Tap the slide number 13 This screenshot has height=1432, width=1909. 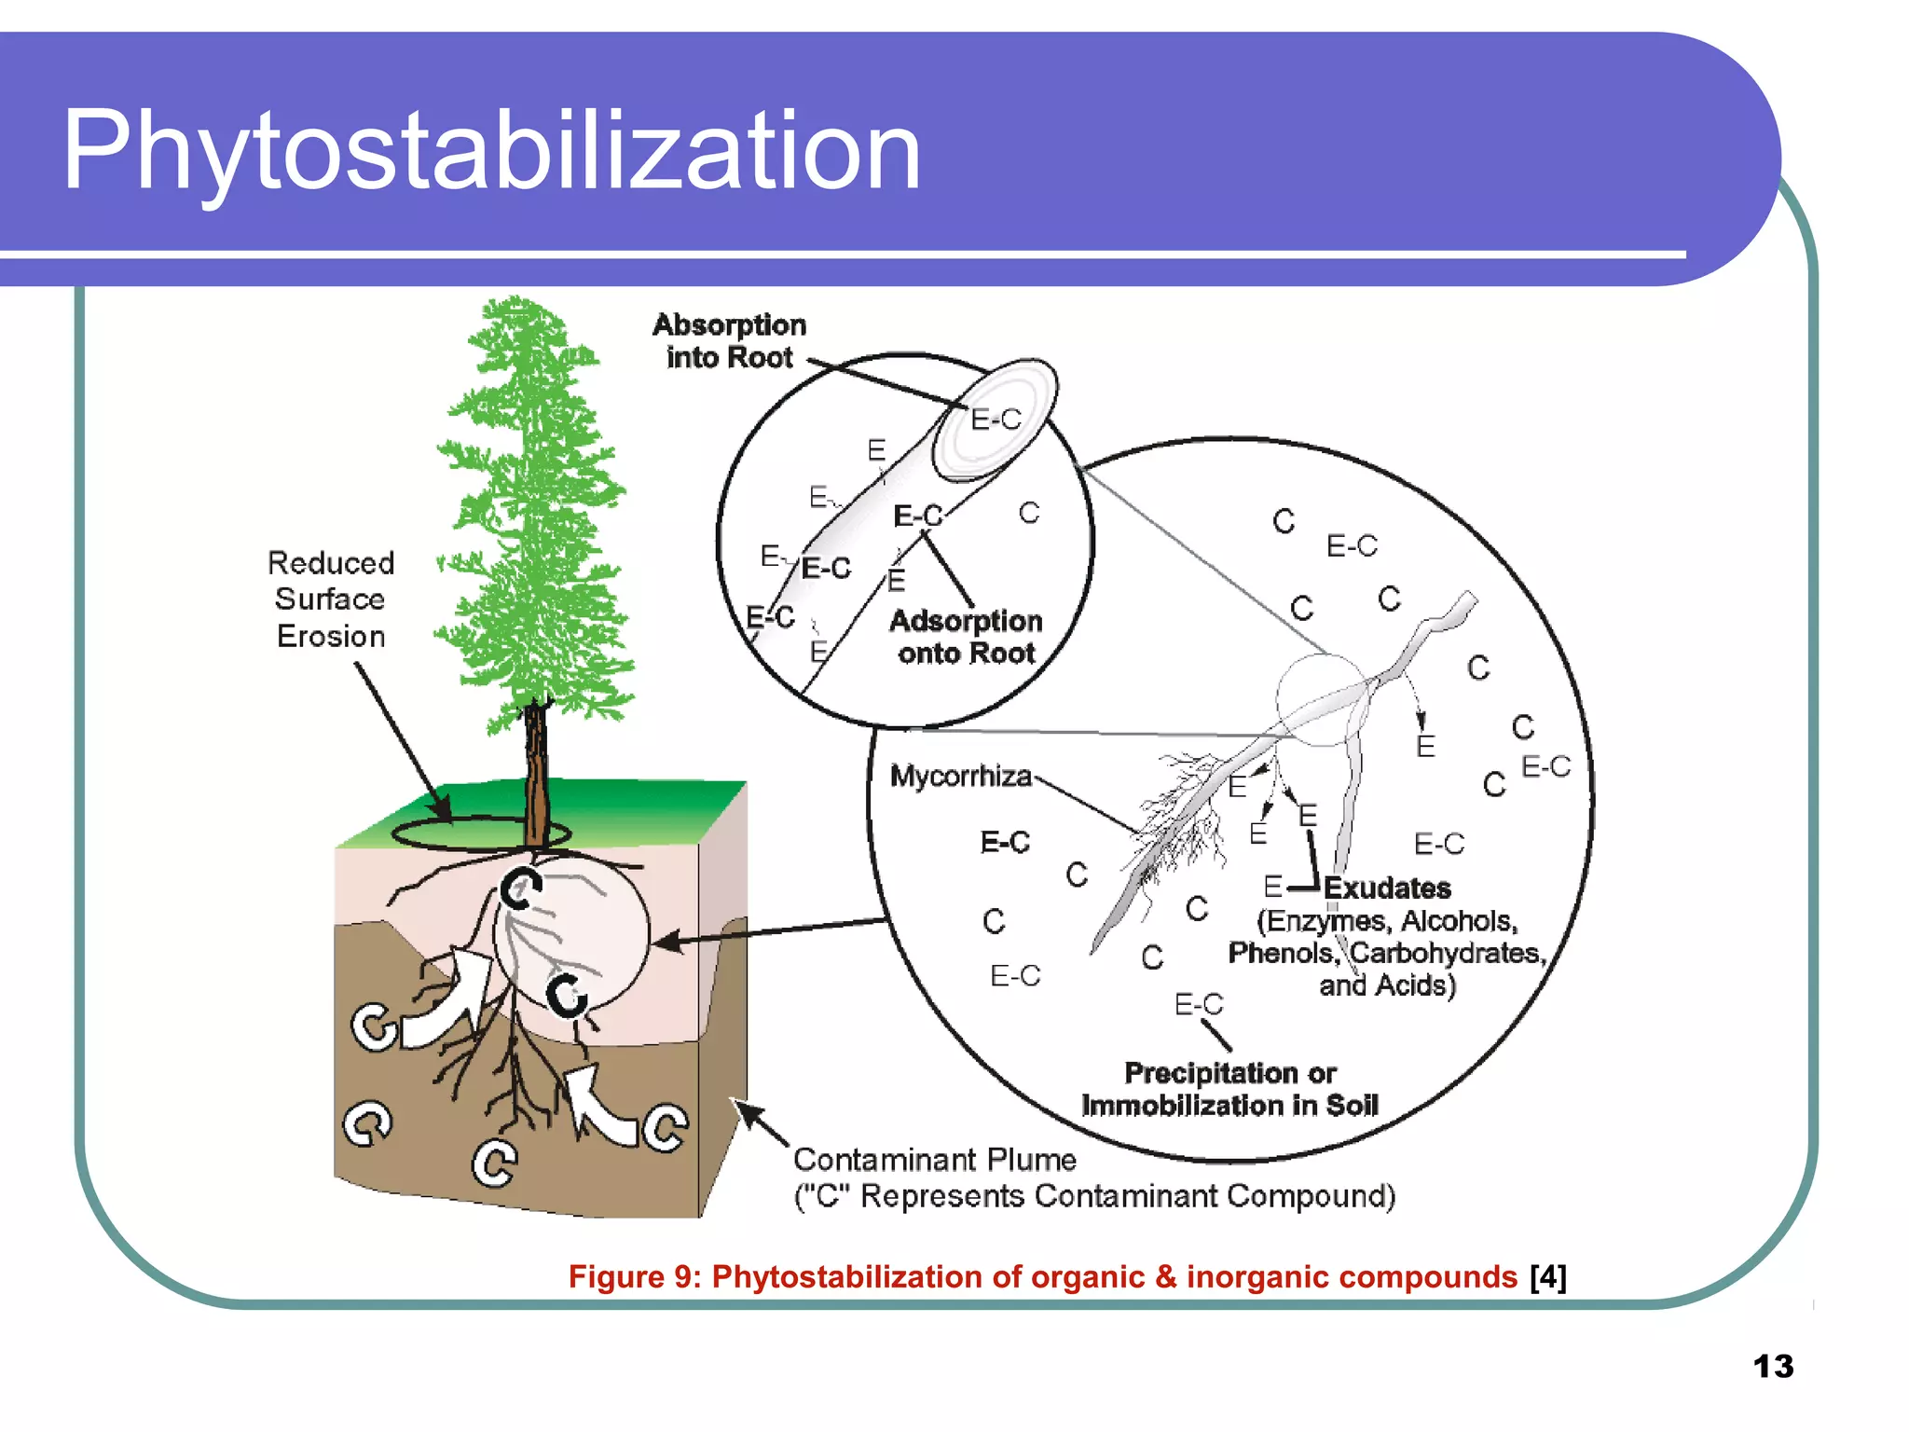(x=1773, y=1367)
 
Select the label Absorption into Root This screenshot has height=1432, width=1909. (x=729, y=341)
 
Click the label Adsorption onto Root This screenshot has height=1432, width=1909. (x=966, y=637)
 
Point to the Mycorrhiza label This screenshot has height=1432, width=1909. (x=960, y=776)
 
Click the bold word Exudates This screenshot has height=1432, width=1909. (x=1387, y=888)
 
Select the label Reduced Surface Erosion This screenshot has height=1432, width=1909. (x=331, y=599)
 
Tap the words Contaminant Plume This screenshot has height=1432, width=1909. (x=935, y=1160)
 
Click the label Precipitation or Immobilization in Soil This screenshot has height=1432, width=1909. (x=1229, y=1089)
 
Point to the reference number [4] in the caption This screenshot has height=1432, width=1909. (x=1548, y=1276)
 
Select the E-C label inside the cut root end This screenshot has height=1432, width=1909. (x=996, y=420)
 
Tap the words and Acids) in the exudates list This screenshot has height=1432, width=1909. (x=1387, y=985)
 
